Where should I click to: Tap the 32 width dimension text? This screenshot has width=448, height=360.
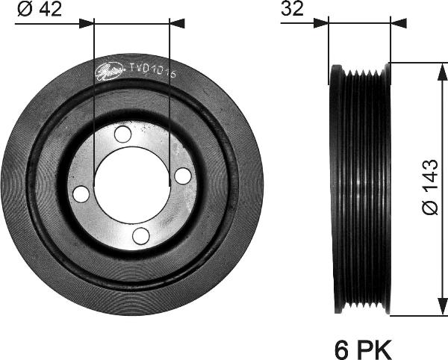pyautogui.click(x=292, y=10)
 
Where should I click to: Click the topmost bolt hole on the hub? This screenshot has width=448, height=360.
pyautogui.click(x=122, y=135)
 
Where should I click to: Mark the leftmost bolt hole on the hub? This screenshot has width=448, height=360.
pyautogui.click(x=81, y=194)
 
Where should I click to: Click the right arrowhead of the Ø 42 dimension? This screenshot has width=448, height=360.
pyautogui.click(x=177, y=23)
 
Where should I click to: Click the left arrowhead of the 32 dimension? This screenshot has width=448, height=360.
pyautogui.click(x=321, y=23)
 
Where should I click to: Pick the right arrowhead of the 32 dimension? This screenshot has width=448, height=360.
pyautogui.click(x=399, y=23)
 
